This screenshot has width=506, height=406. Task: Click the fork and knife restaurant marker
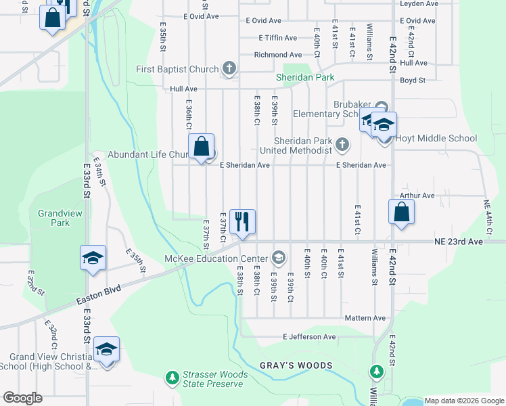[x=242, y=221]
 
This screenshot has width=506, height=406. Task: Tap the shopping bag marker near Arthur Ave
[x=402, y=211]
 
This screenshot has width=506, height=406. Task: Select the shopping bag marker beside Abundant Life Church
[x=202, y=146]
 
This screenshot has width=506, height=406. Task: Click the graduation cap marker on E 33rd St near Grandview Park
[x=93, y=258]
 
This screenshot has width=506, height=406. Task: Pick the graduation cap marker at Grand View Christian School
[x=106, y=349]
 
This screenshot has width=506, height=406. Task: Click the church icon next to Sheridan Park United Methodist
[x=343, y=143]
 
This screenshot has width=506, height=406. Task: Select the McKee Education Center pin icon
[x=278, y=258]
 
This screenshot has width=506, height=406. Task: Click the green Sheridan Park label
[x=305, y=78]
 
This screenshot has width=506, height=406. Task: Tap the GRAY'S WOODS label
[x=296, y=365]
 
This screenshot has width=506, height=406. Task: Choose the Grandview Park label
[x=54, y=218]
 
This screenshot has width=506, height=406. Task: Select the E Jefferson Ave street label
[x=309, y=336]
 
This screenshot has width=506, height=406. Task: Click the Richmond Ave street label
[x=277, y=55]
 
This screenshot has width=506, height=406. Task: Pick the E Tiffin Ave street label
[x=277, y=38]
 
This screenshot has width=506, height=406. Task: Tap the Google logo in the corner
[x=22, y=398]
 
